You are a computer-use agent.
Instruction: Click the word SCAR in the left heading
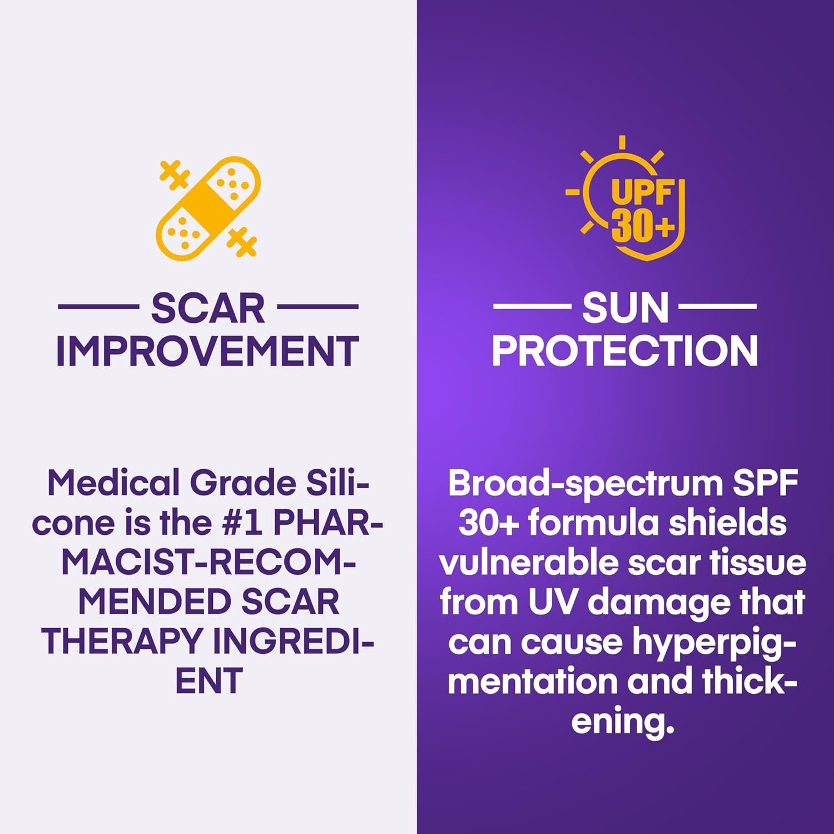point(208,309)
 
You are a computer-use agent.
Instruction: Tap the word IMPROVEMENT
point(207,351)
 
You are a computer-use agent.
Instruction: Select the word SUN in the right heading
point(625,309)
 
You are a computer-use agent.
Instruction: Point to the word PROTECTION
point(624,351)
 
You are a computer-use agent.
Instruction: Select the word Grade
point(243,483)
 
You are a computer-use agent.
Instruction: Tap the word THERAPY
point(122,641)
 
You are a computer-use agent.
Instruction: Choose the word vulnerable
point(529,563)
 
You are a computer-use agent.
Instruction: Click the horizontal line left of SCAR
point(98,306)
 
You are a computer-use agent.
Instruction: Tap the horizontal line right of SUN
point(717,306)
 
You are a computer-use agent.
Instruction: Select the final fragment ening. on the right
point(623,722)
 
